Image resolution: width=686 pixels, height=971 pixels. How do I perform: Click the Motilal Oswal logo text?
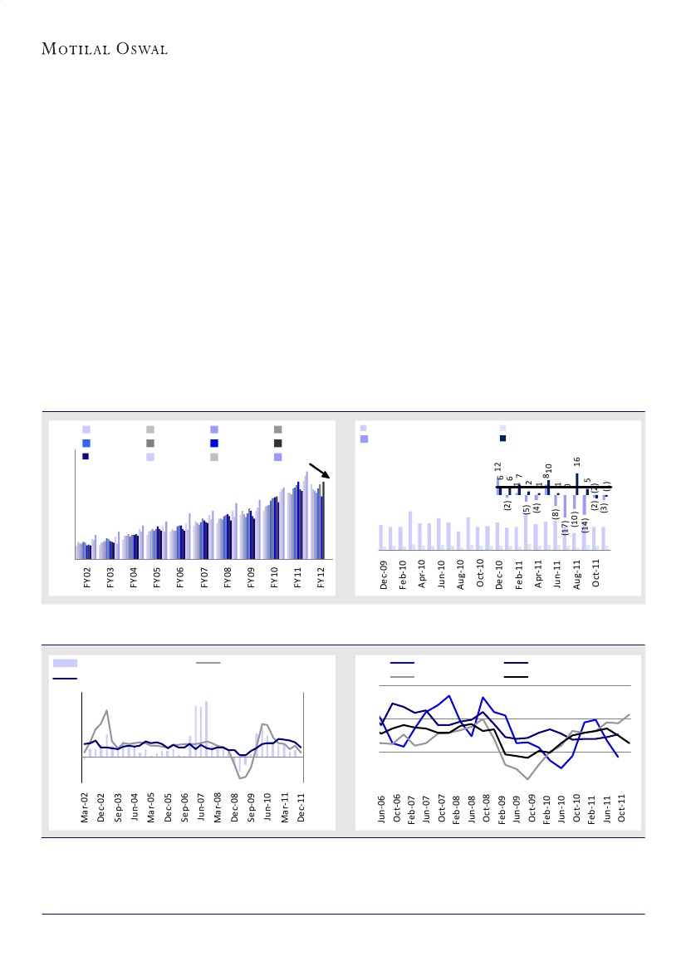click(x=105, y=49)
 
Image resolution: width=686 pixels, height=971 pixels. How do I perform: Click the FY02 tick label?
click(x=87, y=578)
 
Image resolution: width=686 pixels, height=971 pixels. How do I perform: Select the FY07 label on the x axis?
click(x=204, y=578)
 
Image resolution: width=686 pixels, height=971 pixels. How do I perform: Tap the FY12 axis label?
click(x=321, y=578)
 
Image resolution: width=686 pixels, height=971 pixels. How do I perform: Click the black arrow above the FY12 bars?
click(x=320, y=470)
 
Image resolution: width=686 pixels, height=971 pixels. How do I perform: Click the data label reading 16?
click(x=576, y=460)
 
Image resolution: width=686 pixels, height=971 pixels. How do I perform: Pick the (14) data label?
click(x=585, y=524)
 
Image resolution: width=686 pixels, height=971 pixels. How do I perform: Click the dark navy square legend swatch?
click(x=503, y=439)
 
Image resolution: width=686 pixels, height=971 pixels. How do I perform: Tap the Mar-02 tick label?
click(x=85, y=808)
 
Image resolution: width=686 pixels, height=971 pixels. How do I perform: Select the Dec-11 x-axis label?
click(x=301, y=808)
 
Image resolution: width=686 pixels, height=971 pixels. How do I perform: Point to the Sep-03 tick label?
click(x=118, y=808)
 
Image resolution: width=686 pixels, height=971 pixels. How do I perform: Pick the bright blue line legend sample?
click(x=403, y=663)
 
